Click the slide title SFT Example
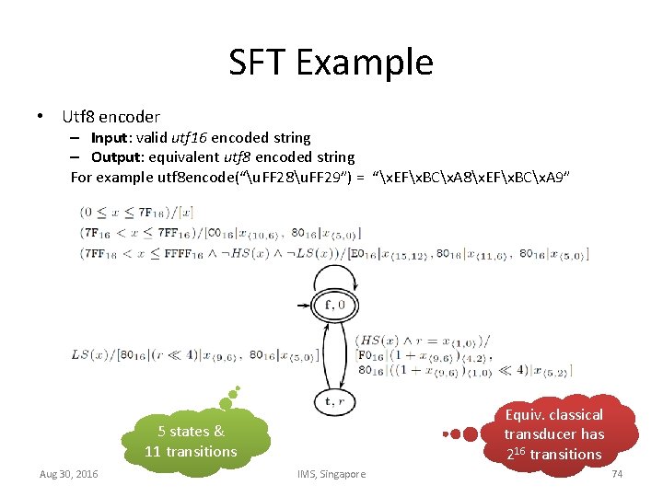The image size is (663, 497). coord(331,63)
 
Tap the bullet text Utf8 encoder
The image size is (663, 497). coord(110,117)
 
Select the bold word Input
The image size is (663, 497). coord(109,137)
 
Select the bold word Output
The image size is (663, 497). coord(114,156)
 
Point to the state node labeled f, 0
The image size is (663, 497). coord(334,304)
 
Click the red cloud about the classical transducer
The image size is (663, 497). coord(552,433)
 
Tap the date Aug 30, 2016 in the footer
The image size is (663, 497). coord(69,474)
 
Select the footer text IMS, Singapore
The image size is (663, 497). coord(331,474)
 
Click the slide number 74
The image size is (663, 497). coord(617,474)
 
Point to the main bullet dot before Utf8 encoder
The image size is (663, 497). coord(41,117)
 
